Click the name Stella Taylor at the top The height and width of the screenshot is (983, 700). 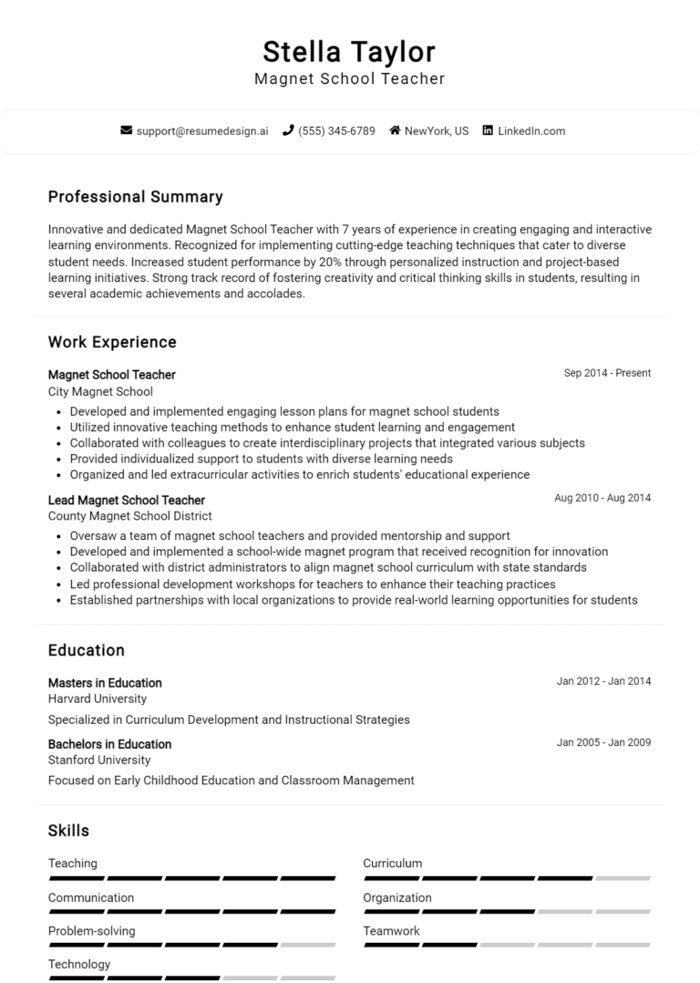point(349,51)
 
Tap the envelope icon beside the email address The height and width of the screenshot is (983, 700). point(126,130)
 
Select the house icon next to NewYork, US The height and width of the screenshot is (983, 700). point(395,130)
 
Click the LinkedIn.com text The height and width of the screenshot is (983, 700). point(531,130)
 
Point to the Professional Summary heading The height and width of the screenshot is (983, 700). point(135,197)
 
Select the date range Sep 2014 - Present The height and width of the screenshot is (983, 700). point(607,373)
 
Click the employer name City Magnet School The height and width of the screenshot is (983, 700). point(100,391)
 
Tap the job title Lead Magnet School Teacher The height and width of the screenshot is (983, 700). point(127,500)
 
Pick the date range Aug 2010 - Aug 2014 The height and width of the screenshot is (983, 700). point(602,498)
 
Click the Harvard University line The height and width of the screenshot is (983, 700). point(98,698)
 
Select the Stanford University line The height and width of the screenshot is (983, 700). point(99,760)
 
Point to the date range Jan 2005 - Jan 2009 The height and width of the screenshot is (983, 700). point(603,742)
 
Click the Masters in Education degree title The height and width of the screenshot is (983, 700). point(105,683)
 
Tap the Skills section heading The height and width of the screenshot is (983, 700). point(68,831)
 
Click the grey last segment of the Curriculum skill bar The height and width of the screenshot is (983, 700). point(623,878)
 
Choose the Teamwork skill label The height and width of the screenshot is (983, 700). point(391,931)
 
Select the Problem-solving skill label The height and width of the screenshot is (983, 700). point(91,931)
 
